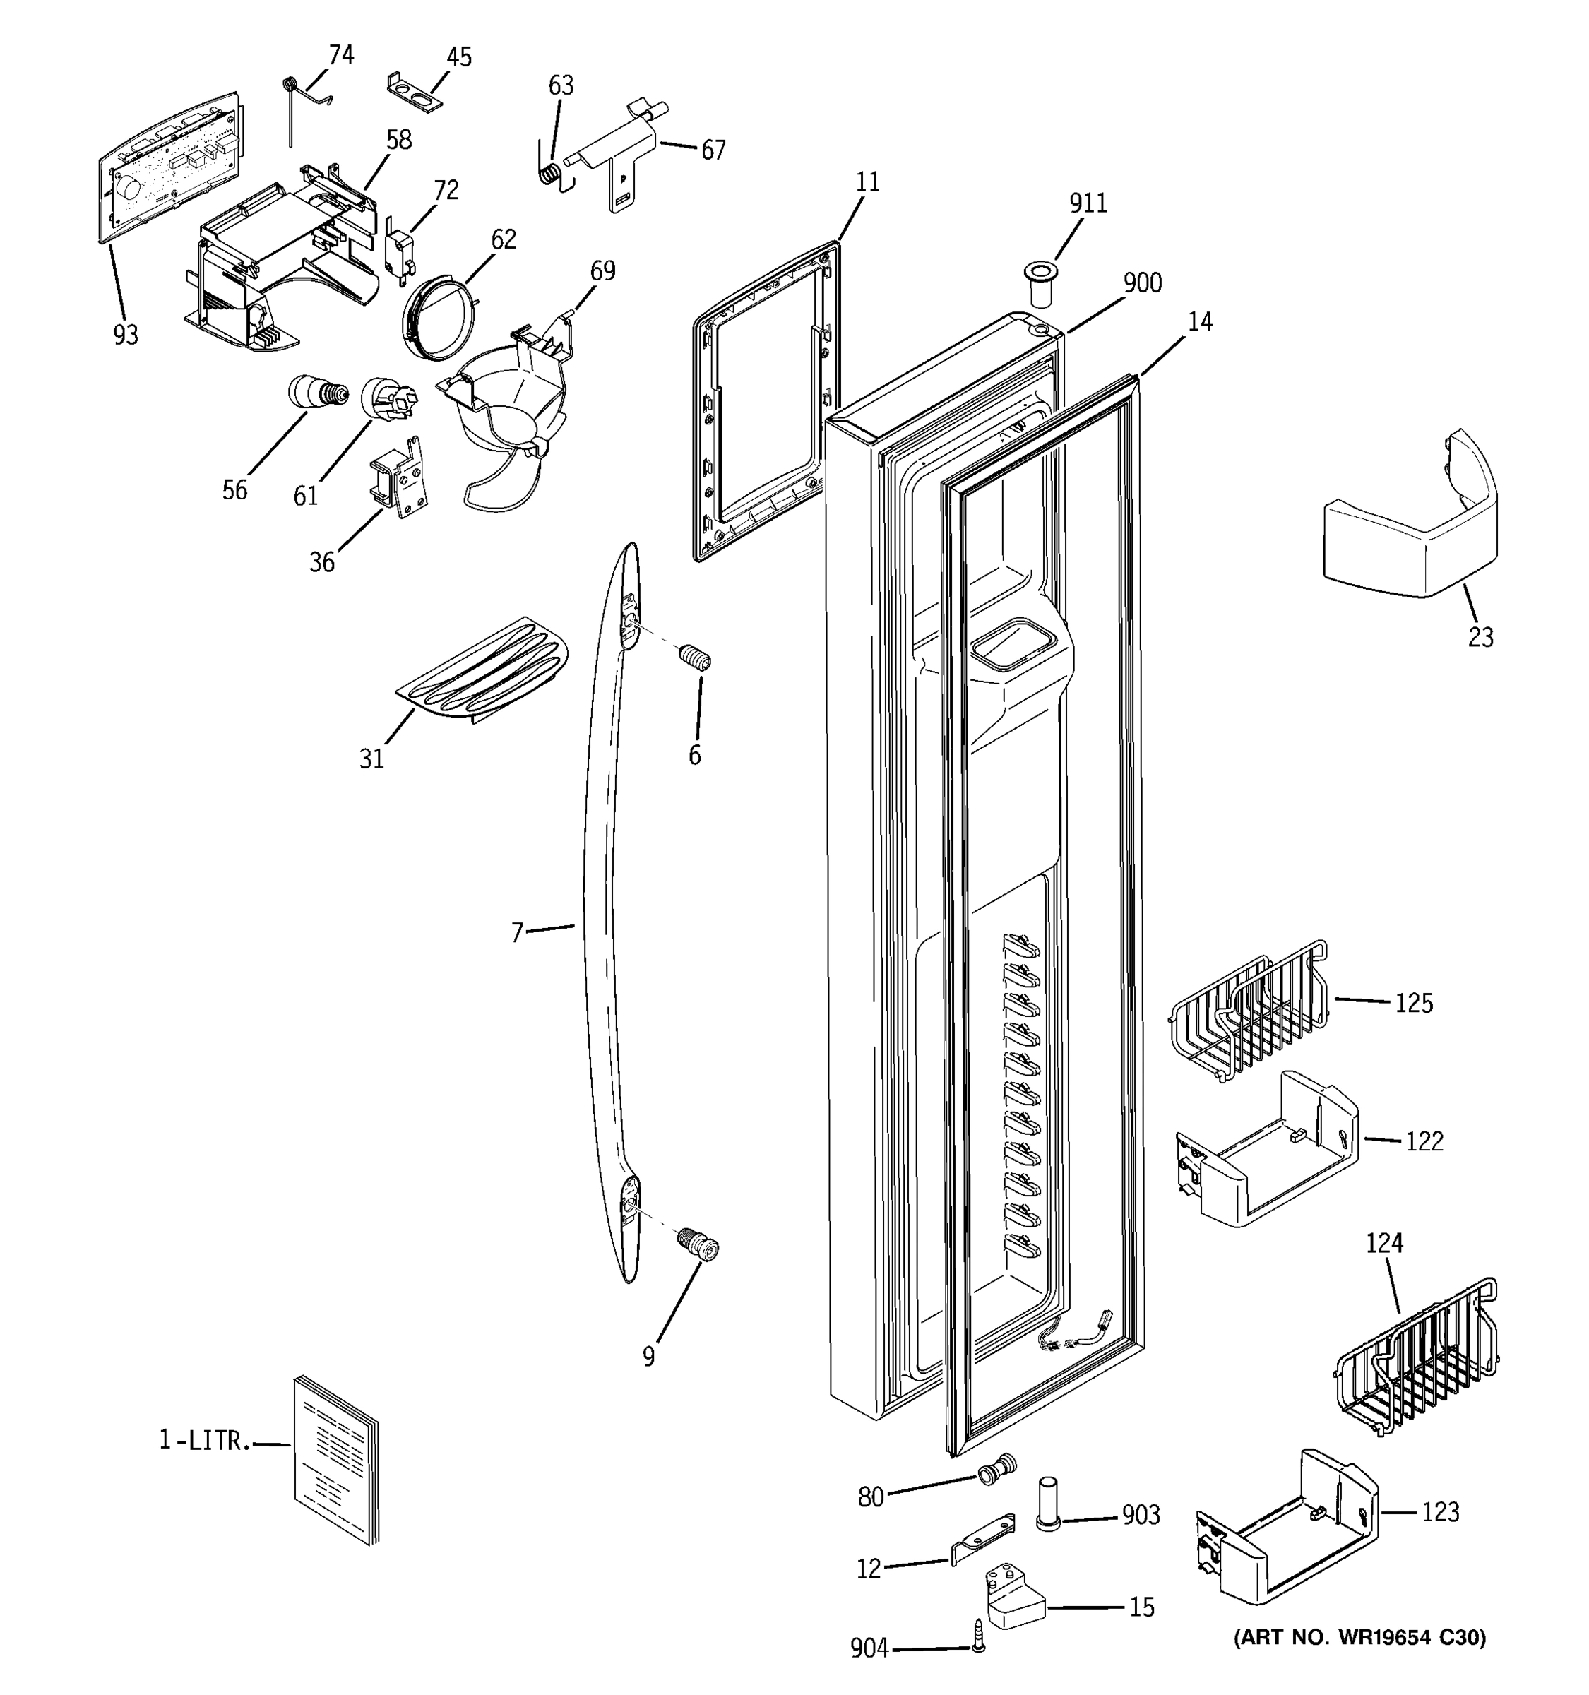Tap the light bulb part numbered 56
(x=318, y=393)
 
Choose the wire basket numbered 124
(x=1416, y=1359)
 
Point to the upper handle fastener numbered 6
(x=696, y=658)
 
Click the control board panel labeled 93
(x=167, y=166)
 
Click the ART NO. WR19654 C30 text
(x=1359, y=1637)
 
